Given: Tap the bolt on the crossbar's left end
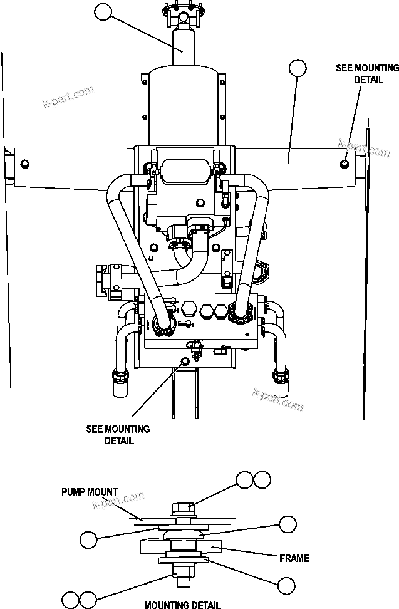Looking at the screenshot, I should pos(24,164).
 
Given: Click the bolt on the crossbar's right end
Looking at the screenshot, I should pos(345,164).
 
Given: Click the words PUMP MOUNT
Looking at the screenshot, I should pos(90,492).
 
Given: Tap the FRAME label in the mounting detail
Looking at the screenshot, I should pos(294,558).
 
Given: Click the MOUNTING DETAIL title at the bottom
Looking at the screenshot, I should pos(182,605).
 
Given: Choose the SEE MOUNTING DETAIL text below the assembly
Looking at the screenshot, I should pos(118,435).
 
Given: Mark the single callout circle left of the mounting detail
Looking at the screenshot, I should pos(90,539).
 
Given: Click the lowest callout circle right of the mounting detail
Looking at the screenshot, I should pos(286,585).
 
